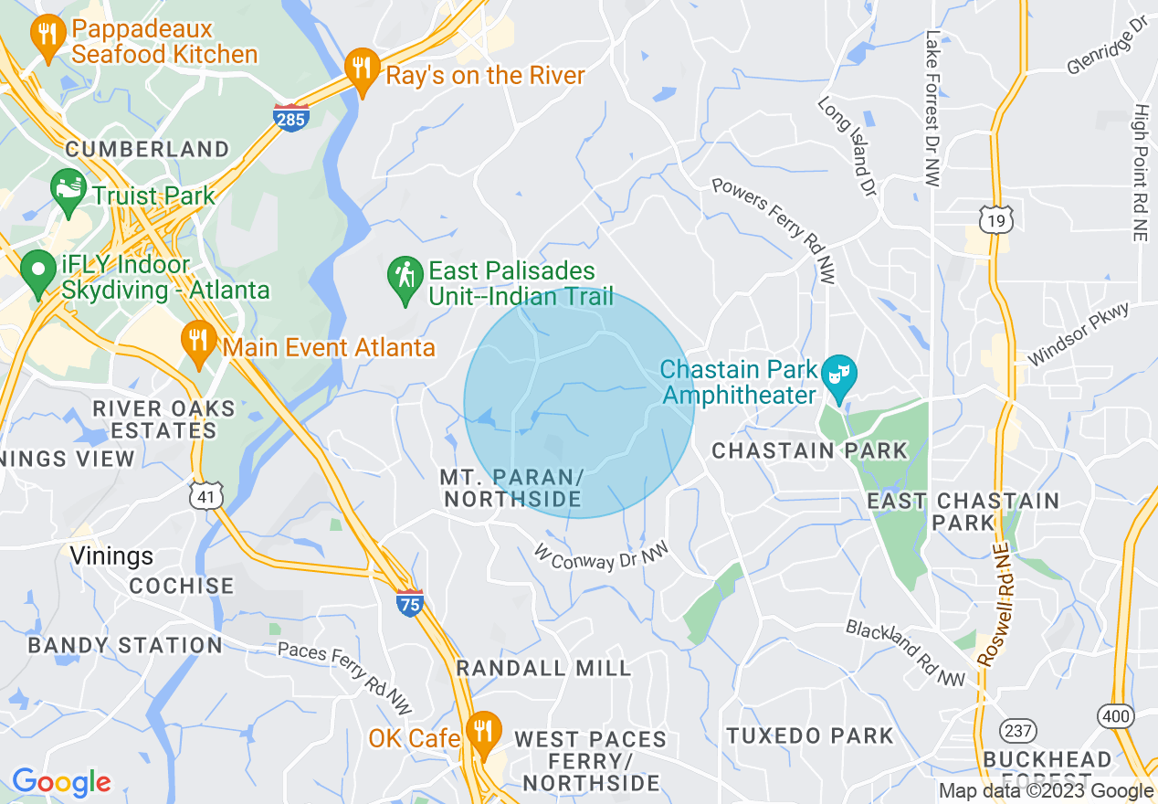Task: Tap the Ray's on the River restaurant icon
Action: [x=363, y=69]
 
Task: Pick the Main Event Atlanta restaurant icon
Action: [x=197, y=342]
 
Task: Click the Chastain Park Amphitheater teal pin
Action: [x=837, y=376]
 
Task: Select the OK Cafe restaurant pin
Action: [x=483, y=732]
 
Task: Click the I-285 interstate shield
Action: [x=291, y=117]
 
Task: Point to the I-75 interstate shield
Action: [x=410, y=603]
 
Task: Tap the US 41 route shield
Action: [x=204, y=496]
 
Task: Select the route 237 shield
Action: [x=1017, y=730]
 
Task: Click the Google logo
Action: [x=60, y=782]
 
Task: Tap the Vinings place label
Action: [x=112, y=555]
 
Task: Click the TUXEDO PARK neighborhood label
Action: [x=810, y=735]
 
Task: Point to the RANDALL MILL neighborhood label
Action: [x=543, y=668]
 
